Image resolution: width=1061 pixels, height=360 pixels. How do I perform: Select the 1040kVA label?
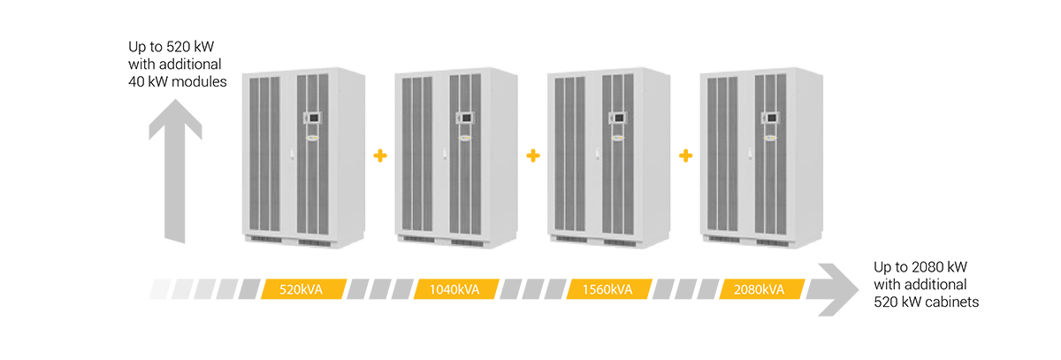(454, 289)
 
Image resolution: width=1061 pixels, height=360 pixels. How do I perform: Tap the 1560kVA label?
(607, 289)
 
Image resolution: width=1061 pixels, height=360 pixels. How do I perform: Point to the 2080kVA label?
(759, 289)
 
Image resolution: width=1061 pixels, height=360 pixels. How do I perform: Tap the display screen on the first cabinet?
(310, 116)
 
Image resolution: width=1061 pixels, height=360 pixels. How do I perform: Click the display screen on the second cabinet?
(463, 116)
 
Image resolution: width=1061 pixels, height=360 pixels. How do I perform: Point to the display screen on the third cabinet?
(616, 116)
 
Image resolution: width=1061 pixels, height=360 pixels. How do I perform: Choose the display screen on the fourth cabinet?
(768, 116)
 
